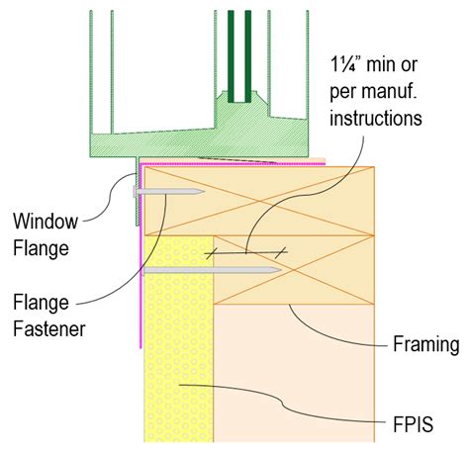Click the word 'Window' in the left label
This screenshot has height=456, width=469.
[x=40, y=219]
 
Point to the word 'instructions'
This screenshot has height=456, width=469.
[x=377, y=119]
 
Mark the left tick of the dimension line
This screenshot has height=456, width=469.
[x=210, y=254]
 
